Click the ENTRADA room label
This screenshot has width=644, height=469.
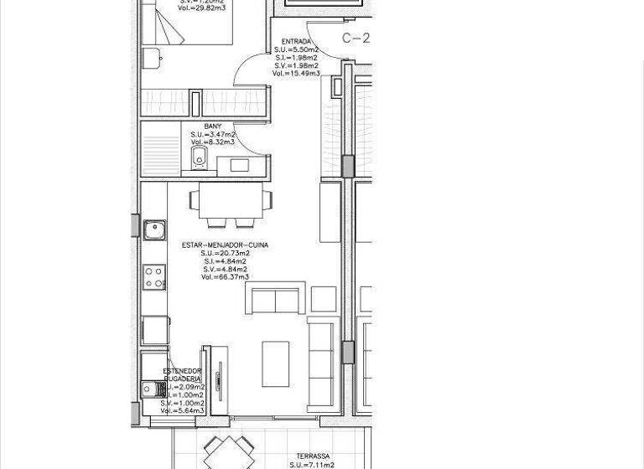coord(296,42)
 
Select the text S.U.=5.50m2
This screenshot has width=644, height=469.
coord(296,50)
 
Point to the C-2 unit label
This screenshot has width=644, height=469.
coord(356,39)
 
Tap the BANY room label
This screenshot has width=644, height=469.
coord(213,126)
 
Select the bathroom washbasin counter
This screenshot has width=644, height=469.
coord(243,165)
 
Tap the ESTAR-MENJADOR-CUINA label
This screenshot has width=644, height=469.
coord(225,245)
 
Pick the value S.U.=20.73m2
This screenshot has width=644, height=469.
coord(225,254)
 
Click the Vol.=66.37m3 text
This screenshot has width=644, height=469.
coord(225,277)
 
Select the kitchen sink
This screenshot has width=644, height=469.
coord(154,230)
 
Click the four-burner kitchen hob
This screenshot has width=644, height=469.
coord(154,277)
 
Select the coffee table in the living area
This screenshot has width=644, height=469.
coord(277,363)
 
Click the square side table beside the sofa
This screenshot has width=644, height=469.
coord(323,298)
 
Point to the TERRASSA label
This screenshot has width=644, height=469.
coord(313,456)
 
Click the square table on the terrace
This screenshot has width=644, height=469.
coord(229,453)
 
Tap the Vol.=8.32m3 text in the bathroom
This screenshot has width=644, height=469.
coord(213,142)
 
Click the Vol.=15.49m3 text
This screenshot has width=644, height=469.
coord(296,74)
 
